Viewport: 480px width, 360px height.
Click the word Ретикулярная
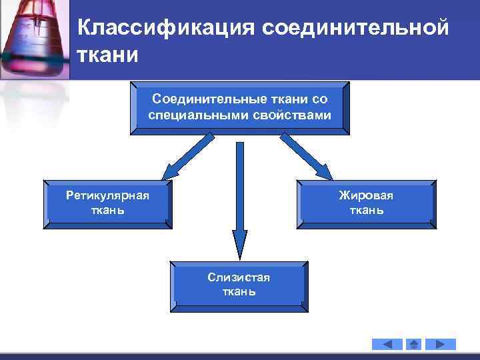pyautogui.click(x=107, y=195)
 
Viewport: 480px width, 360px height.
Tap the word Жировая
pyautogui.click(x=366, y=195)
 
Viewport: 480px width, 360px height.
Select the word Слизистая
pyautogui.click(x=238, y=277)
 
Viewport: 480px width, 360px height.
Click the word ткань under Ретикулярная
pyautogui.click(x=107, y=210)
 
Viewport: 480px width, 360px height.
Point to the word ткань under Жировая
pyautogui.click(x=366, y=210)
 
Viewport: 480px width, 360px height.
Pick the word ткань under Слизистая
pyautogui.click(x=238, y=292)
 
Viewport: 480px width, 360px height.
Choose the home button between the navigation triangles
pyautogui.click(x=413, y=344)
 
